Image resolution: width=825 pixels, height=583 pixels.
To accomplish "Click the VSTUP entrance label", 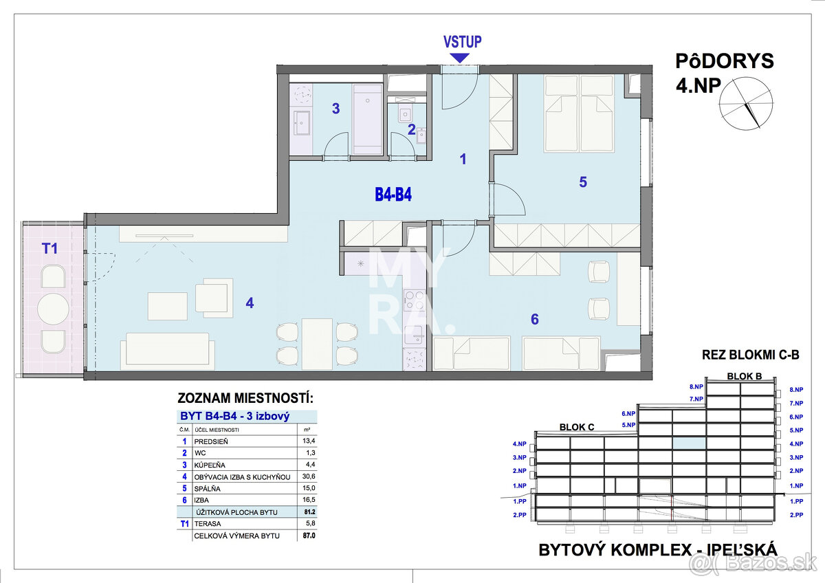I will click(462, 41).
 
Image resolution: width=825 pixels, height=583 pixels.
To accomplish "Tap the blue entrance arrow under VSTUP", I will click(462, 59).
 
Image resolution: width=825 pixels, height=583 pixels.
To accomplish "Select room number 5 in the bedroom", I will click(582, 182).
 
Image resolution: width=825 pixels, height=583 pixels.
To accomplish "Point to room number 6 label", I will click(534, 319).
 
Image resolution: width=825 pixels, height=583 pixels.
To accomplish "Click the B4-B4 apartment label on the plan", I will click(393, 195).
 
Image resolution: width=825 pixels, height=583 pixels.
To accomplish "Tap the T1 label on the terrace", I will click(49, 249).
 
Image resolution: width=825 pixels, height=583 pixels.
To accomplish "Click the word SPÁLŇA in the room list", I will click(210, 489).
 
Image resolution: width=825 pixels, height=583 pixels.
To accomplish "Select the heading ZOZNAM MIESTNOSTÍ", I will click(245, 398).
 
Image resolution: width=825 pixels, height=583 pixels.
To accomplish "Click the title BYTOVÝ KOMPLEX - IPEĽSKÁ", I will click(658, 549).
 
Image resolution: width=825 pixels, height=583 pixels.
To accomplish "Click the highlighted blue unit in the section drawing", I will click(688, 443).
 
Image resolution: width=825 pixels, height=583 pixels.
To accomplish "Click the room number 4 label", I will click(250, 302).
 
